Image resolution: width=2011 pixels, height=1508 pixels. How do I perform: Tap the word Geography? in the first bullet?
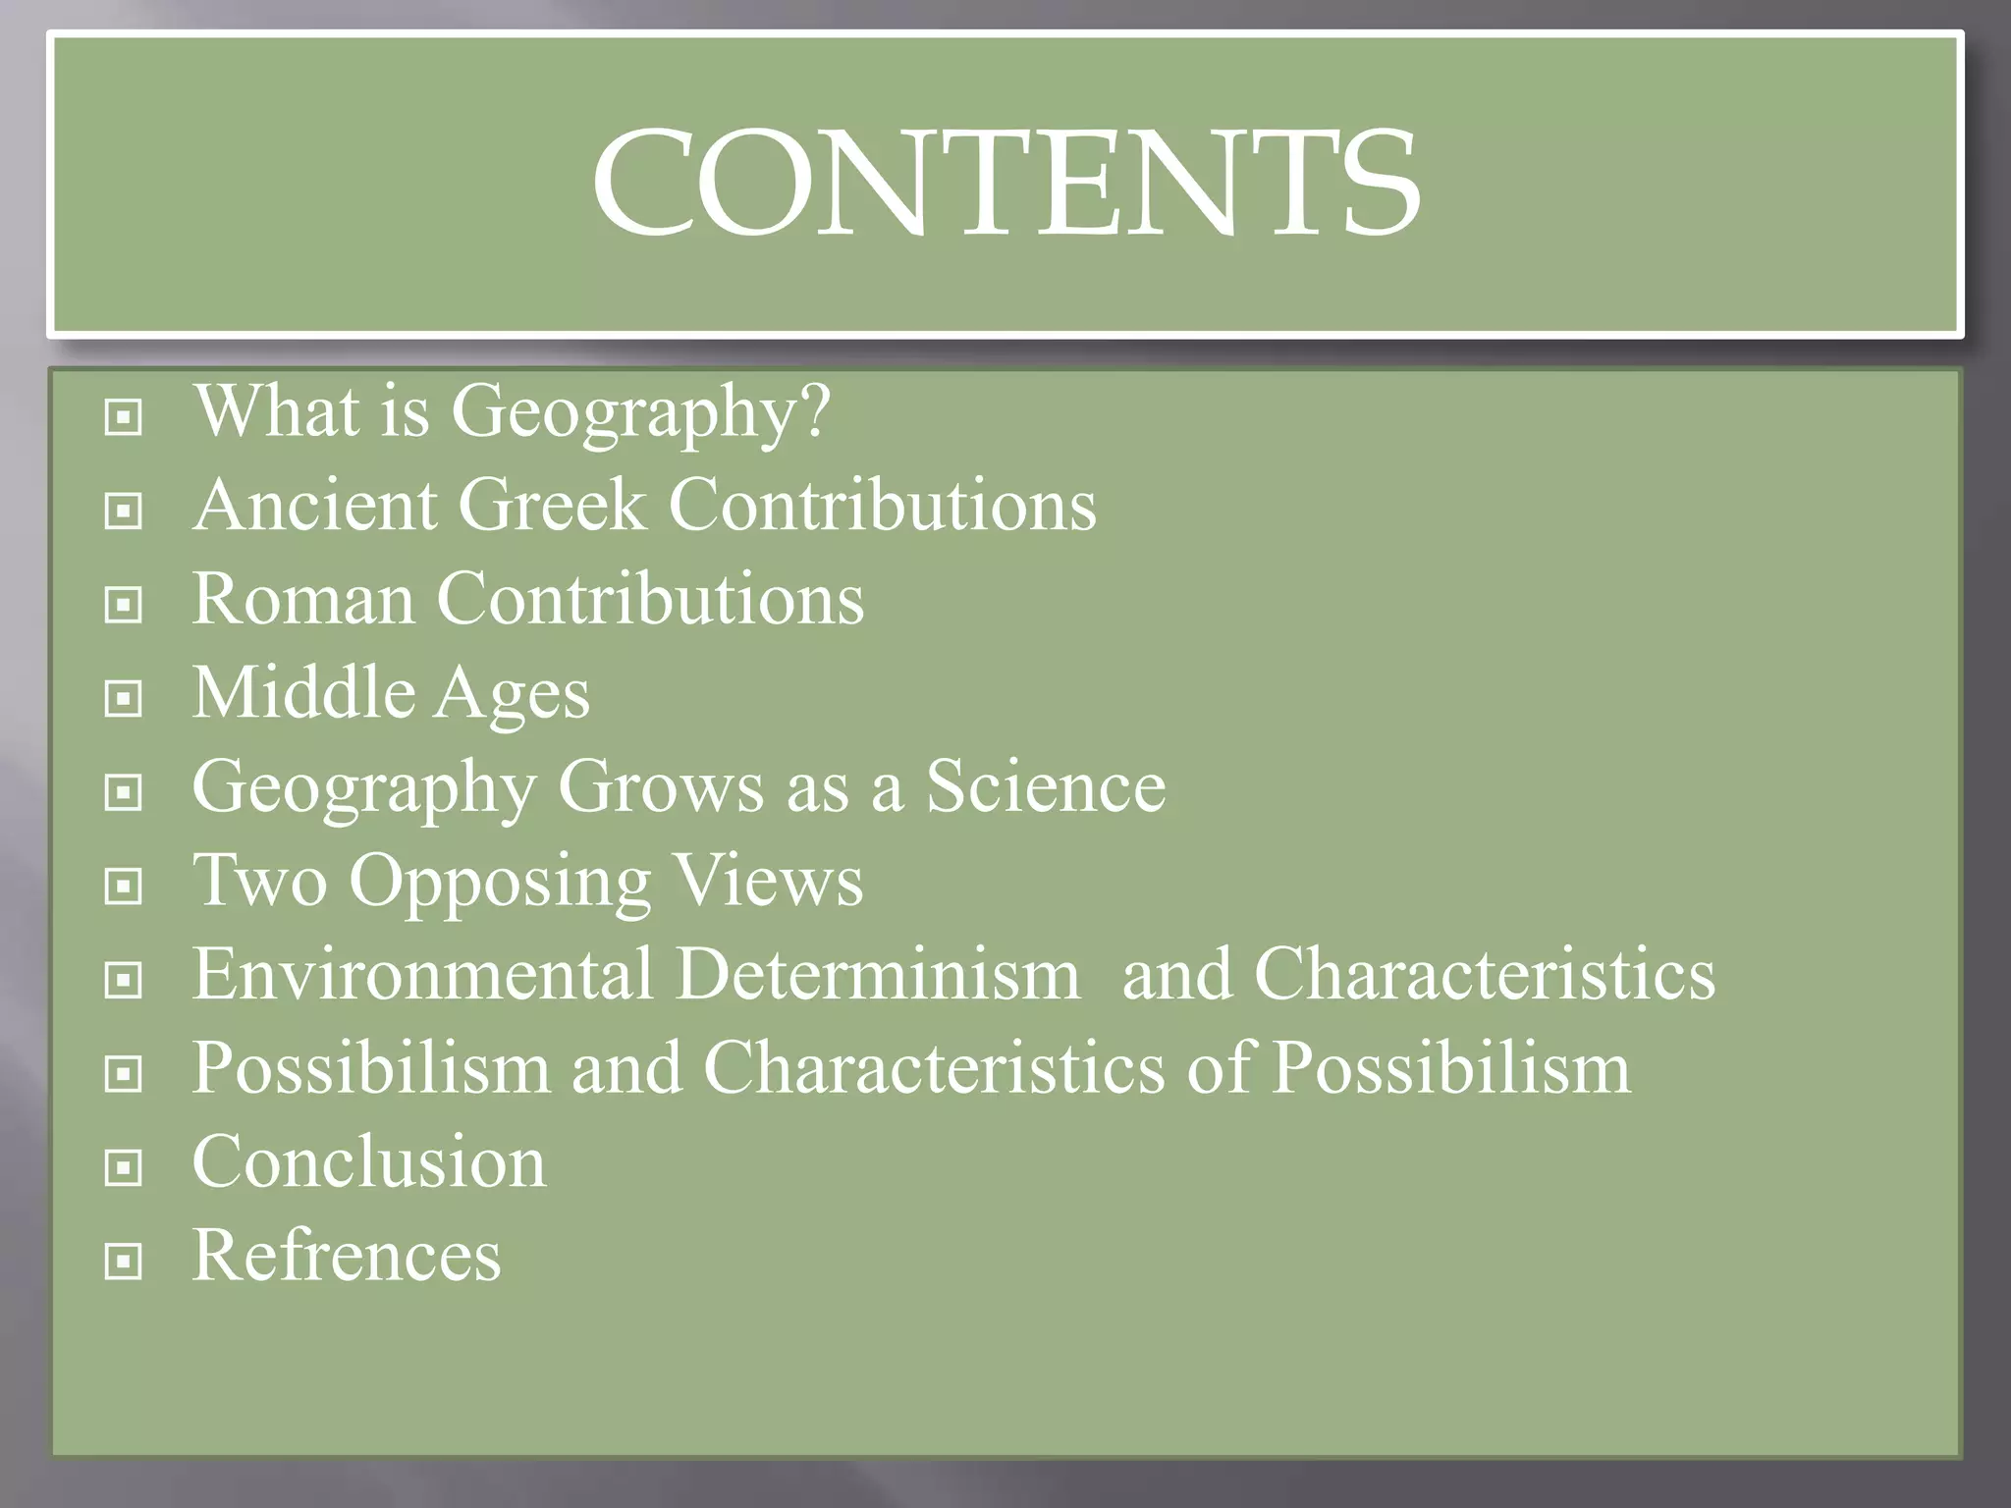coord(640,411)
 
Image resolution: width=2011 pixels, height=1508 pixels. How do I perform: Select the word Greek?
coord(552,506)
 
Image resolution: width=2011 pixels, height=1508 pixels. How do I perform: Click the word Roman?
coord(302,599)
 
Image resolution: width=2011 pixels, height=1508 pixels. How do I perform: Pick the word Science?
coord(1046,787)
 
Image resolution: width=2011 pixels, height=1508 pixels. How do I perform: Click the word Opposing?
coord(500,882)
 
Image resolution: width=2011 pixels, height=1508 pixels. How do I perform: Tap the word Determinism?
coord(878,975)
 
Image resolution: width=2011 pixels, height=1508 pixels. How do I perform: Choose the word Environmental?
coord(423,975)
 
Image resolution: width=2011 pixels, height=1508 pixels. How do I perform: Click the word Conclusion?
coord(369,1162)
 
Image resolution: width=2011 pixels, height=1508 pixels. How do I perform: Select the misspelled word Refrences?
coord(347,1256)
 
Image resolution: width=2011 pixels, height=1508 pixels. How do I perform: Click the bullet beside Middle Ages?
coord(124,699)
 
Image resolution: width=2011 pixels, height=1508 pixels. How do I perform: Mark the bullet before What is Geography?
coord(124,417)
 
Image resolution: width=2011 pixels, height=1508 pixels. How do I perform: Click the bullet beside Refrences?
coord(124,1262)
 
